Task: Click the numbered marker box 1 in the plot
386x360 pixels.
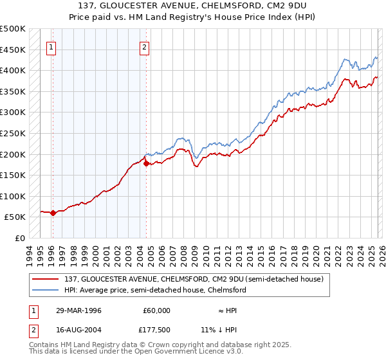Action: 51,46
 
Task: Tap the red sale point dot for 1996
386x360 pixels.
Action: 53,213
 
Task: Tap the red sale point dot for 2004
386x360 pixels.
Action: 146,164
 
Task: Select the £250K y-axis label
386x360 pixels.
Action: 13,133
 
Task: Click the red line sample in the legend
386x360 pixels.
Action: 46,278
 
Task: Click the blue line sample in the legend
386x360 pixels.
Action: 46,290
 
